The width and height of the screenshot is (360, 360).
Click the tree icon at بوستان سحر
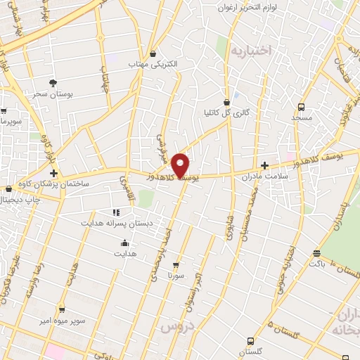point(53,82)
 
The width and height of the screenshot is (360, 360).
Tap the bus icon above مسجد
point(302,108)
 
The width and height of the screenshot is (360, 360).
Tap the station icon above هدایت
point(124,243)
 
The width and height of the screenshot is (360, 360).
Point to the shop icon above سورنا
point(174,266)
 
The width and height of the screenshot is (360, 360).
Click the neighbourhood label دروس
point(176,328)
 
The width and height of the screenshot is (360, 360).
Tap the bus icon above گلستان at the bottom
point(250,340)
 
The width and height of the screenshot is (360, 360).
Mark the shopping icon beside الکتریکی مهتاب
point(153,53)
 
